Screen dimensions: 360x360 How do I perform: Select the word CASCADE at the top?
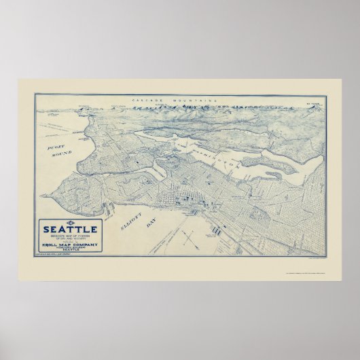[147, 99]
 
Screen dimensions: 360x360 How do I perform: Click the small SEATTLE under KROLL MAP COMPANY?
[75, 247]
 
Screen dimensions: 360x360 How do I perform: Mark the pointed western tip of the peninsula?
[42, 195]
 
